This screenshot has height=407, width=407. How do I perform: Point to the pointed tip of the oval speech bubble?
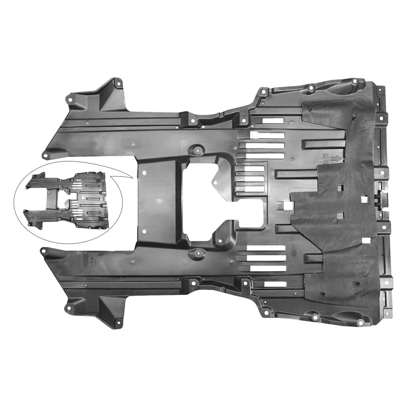tap(131, 174)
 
